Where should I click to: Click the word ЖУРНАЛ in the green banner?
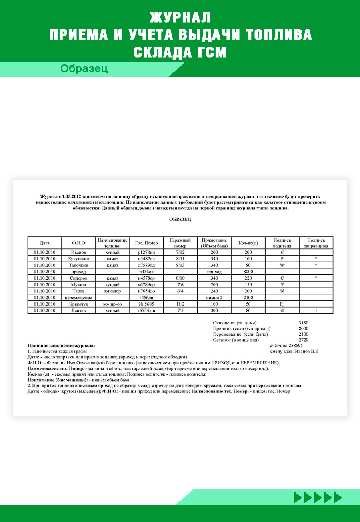click(180, 18)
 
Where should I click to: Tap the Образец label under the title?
click(84, 69)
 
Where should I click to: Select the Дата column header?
click(44, 243)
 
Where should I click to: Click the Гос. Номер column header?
click(146, 243)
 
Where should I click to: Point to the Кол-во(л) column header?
click(248, 243)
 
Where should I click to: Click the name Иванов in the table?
click(78, 252)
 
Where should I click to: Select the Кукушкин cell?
click(78, 259)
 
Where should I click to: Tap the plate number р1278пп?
click(146, 252)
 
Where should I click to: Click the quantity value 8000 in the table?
click(248, 271)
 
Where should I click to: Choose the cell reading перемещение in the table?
click(78, 298)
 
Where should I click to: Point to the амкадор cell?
click(112, 291)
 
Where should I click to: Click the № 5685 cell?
click(146, 304)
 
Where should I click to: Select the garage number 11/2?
click(180, 304)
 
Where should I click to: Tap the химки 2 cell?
click(214, 298)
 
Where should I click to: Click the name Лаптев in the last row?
click(78, 310)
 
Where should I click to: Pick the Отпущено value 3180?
click(303, 323)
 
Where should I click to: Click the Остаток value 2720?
click(303, 340)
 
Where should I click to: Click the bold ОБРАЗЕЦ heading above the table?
click(180, 219)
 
